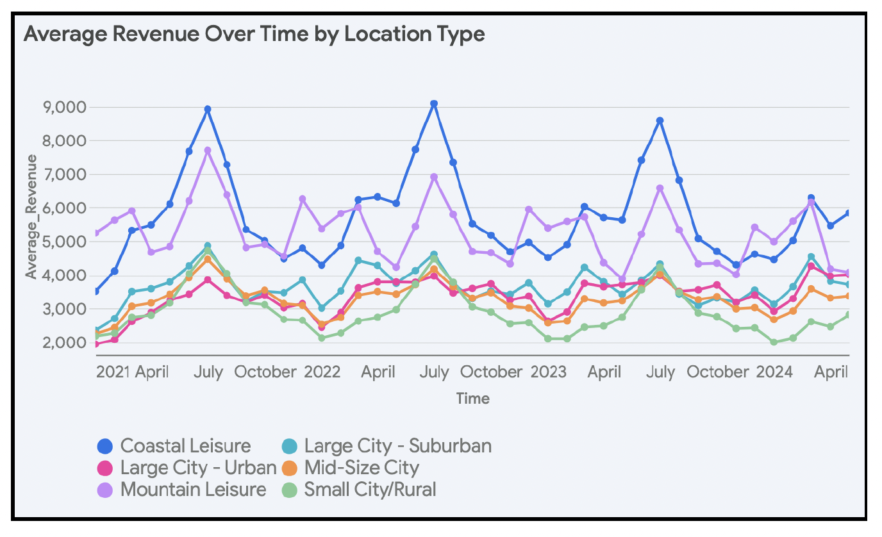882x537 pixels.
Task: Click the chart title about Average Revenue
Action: click(254, 34)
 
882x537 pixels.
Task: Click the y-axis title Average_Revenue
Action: click(31, 216)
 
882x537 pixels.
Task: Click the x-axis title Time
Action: click(473, 399)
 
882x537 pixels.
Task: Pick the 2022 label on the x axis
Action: click(322, 372)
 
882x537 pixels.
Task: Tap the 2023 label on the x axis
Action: click(548, 372)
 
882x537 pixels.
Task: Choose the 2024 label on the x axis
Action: click(774, 372)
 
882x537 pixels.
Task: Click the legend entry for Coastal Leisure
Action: click(174, 446)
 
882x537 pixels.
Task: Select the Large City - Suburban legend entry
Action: click(387, 446)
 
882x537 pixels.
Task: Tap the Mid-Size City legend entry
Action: click(351, 468)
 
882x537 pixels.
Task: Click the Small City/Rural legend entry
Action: click(359, 490)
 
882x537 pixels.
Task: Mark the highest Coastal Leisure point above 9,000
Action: click(434, 103)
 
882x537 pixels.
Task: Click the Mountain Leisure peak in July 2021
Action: click(208, 150)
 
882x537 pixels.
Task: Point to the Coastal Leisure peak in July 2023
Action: click(660, 120)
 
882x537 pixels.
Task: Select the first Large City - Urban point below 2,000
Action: click(96, 345)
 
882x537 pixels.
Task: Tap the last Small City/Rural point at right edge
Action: click(848, 315)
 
